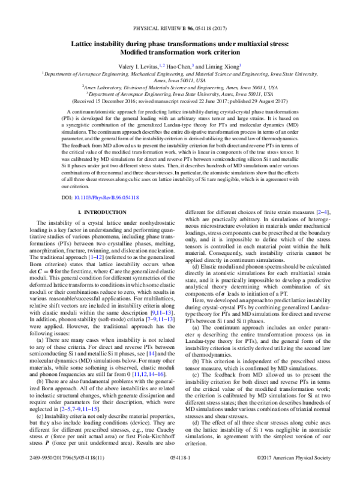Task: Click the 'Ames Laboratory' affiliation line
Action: [180, 87]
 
